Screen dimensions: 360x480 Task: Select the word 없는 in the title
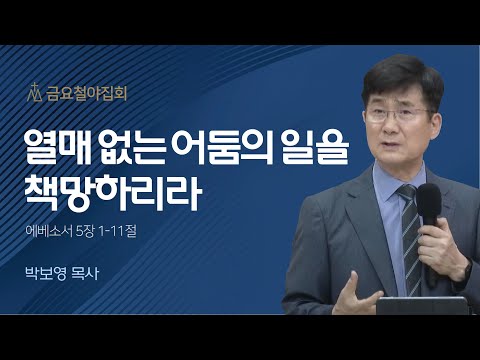(134, 150)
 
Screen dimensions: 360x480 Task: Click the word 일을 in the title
(312, 150)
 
